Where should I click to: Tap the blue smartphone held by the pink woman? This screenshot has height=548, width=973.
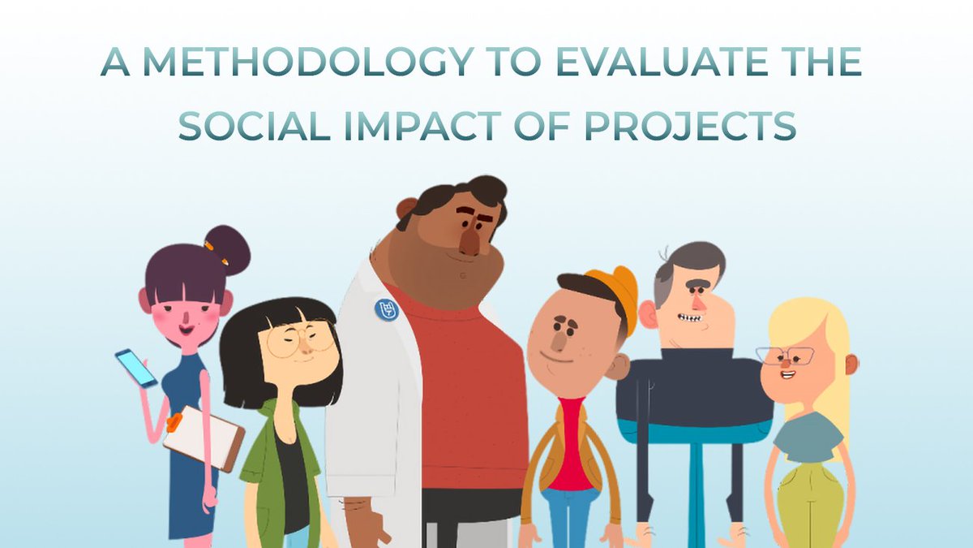point(135,367)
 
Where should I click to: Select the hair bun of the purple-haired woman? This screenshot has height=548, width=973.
point(227,248)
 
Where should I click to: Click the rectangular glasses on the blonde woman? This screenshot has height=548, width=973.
point(786,356)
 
